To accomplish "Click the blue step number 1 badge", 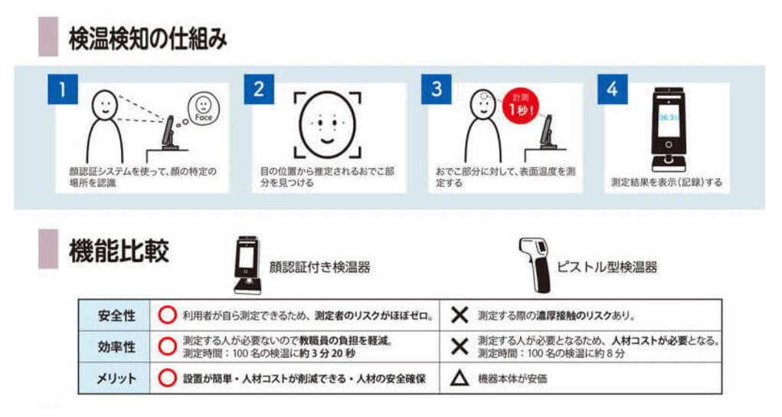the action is (x=63, y=89).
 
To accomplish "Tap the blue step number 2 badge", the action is (x=259, y=89).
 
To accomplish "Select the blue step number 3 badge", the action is (x=437, y=89).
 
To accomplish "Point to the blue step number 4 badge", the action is (x=613, y=89).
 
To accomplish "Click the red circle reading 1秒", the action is (x=520, y=106).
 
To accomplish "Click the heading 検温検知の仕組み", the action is (x=148, y=39).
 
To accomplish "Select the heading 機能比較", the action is (x=119, y=250).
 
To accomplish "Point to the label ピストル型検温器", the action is (x=607, y=267).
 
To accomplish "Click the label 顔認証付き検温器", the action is (x=319, y=268).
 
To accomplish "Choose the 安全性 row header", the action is (x=116, y=316).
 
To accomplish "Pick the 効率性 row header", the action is (x=116, y=346).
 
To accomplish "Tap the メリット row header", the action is (x=116, y=379).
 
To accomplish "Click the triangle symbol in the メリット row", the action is (x=460, y=379).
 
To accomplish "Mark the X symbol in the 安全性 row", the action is (x=460, y=315).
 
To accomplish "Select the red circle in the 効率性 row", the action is (x=168, y=346).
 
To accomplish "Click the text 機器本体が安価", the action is (x=512, y=379).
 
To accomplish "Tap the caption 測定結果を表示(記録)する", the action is (x=666, y=182).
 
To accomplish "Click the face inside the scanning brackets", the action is (x=327, y=124).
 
